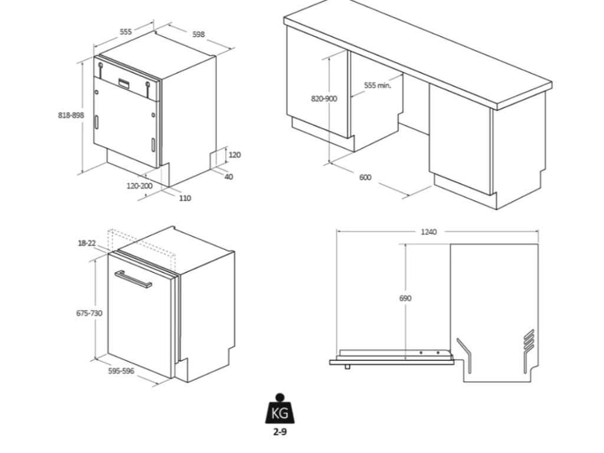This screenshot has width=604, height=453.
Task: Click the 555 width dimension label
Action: tap(126, 32)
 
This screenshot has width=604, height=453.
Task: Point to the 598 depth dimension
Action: tap(199, 34)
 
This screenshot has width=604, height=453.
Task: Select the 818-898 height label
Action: tap(71, 115)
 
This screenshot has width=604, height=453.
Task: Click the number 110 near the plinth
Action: tap(185, 198)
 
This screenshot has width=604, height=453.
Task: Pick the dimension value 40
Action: tap(229, 177)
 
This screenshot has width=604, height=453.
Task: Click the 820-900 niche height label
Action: tap(324, 99)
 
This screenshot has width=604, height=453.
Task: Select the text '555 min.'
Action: tap(377, 86)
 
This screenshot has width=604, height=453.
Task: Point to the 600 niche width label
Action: tap(365, 178)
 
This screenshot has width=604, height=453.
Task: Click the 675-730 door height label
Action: tap(88, 313)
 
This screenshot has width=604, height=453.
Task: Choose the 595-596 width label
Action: tap(122, 371)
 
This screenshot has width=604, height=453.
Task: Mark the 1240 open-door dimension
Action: tap(429, 232)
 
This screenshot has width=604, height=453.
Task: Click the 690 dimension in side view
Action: tap(405, 298)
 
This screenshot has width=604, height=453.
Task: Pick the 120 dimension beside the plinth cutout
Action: tap(235, 155)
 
